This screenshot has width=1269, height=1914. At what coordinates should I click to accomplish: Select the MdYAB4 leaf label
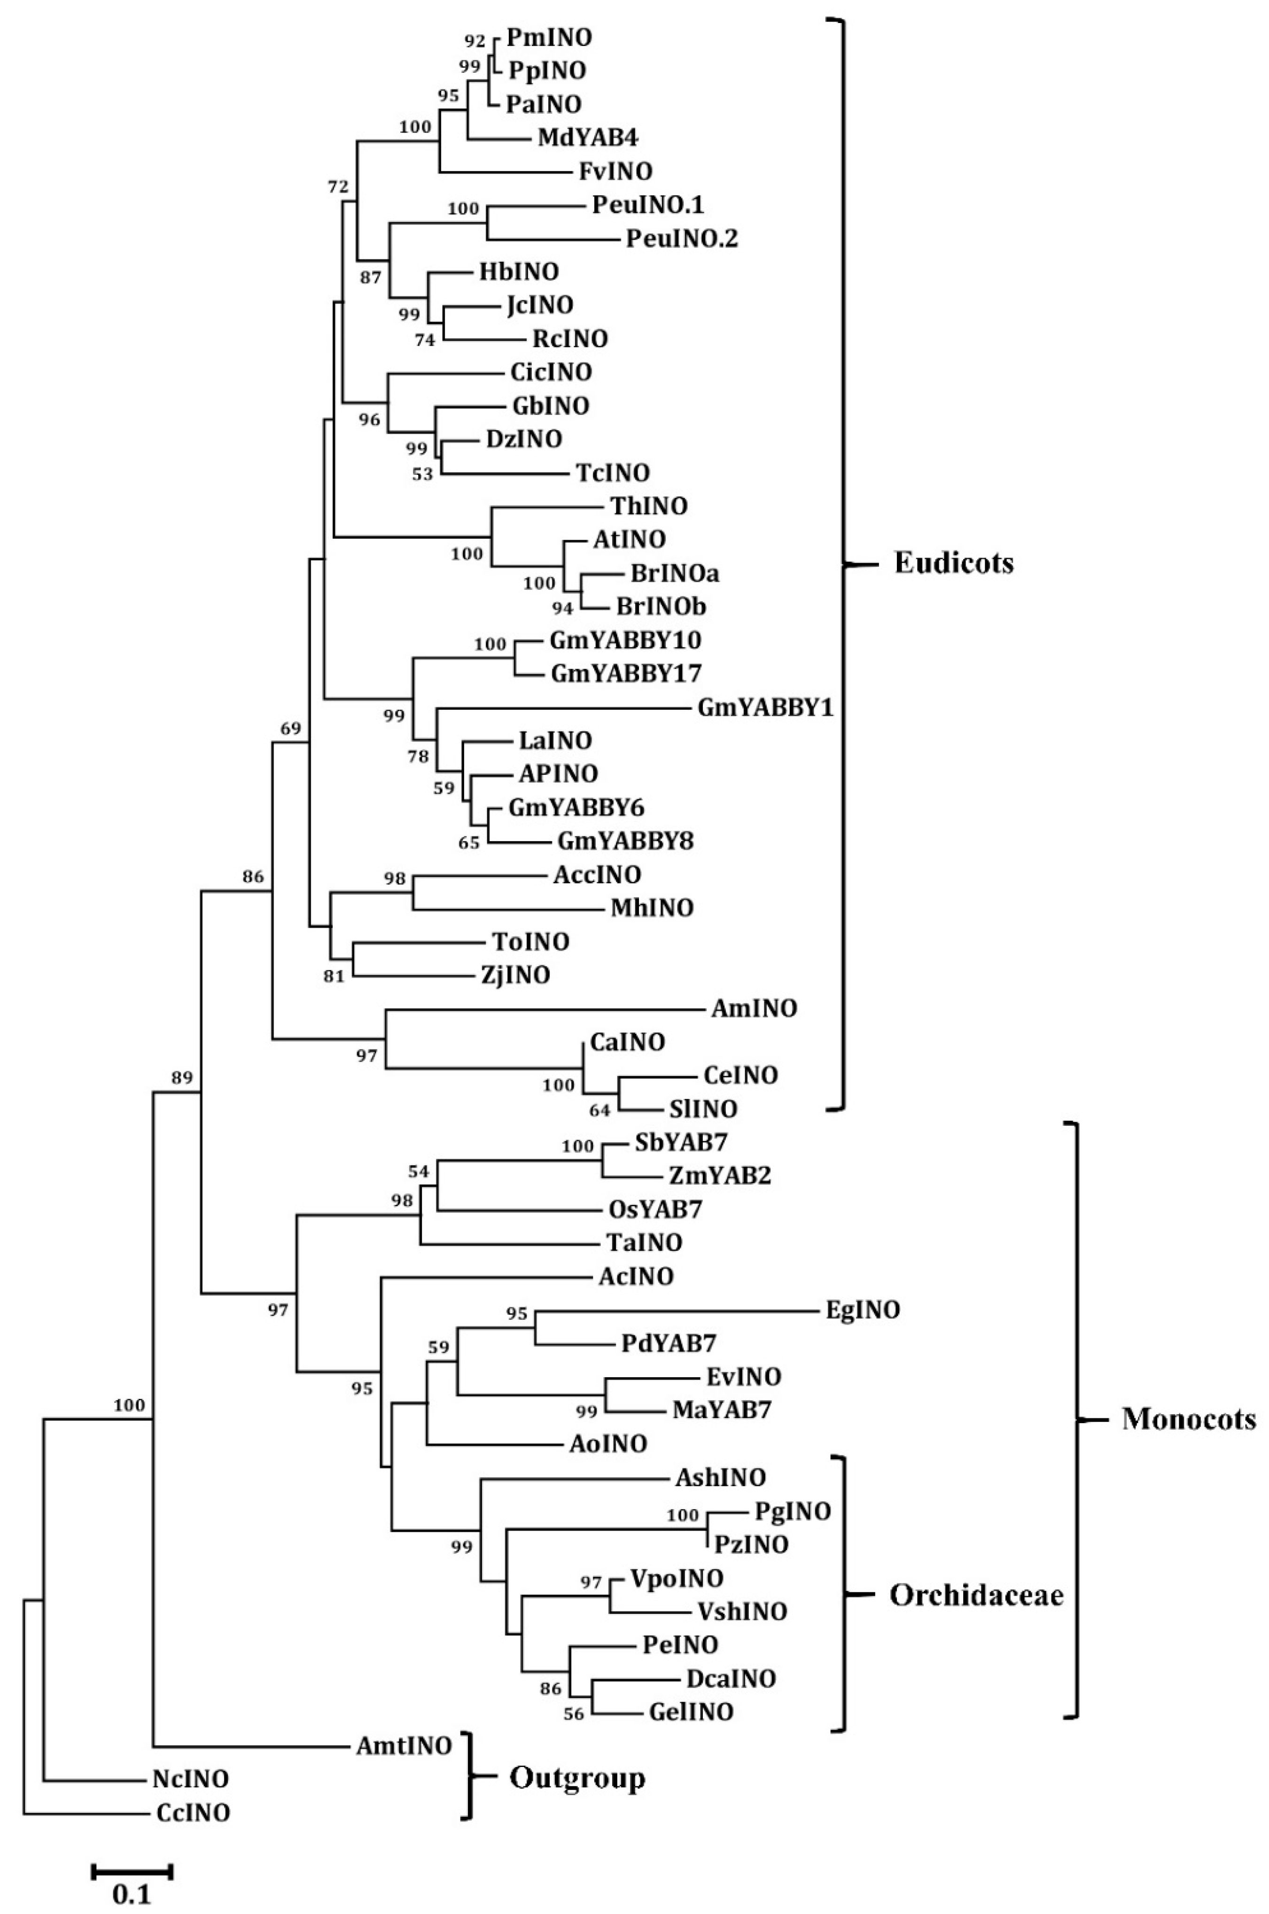(x=588, y=138)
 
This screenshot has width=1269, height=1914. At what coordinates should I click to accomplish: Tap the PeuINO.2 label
(x=681, y=239)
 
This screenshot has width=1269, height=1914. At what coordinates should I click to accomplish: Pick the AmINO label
(x=754, y=1008)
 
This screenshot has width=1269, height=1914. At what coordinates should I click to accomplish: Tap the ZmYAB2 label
(x=720, y=1176)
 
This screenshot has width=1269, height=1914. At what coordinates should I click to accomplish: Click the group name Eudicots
(x=953, y=563)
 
